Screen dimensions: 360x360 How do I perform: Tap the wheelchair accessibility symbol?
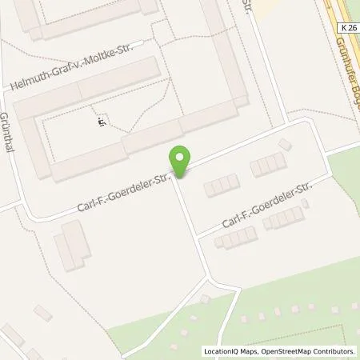(x=102, y=122)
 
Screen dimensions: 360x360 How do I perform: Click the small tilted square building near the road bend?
(x=286, y=144)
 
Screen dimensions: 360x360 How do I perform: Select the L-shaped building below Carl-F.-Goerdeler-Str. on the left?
(x=72, y=245)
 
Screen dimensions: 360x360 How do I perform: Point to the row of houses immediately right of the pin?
(x=221, y=186)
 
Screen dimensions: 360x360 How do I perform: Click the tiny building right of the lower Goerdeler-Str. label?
(x=306, y=203)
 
